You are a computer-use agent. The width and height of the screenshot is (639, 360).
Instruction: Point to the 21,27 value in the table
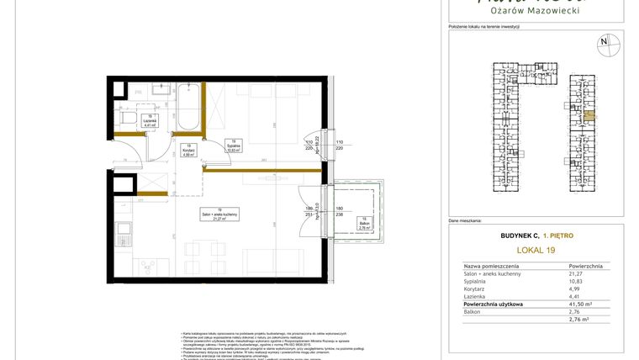pyautogui.click(x=576, y=273)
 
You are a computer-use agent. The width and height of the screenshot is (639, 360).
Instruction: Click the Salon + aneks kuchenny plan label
pyautogui.click(x=219, y=214)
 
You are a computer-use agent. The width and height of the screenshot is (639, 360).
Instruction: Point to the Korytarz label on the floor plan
pyautogui.click(x=187, y=150)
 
